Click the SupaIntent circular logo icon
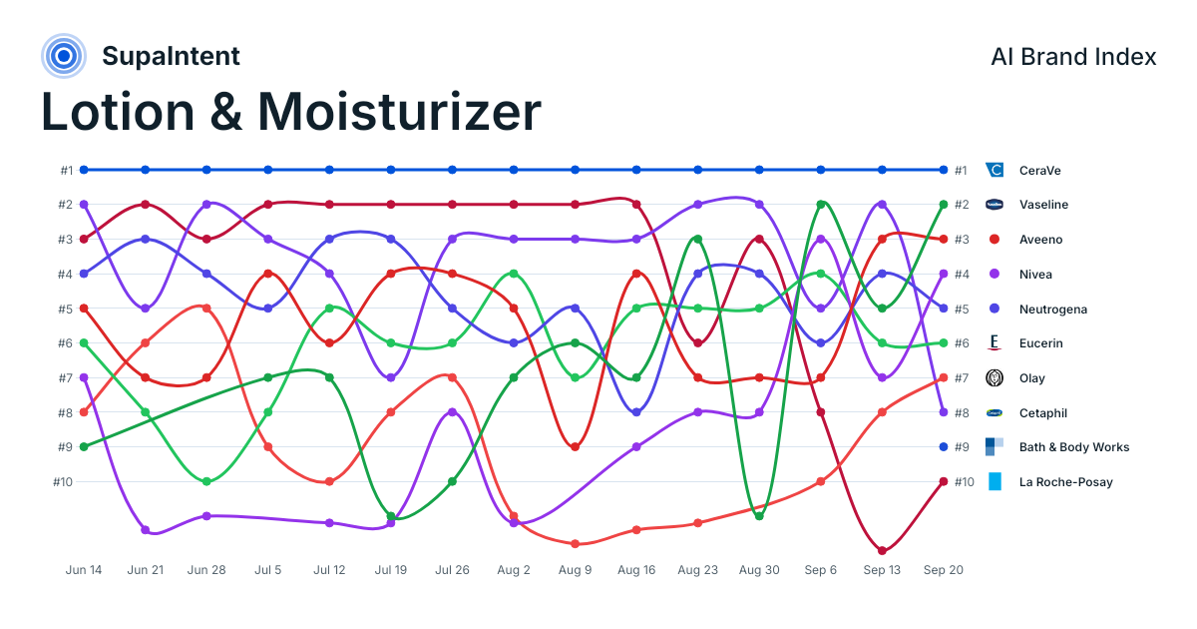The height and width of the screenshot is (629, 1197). coord(64,56)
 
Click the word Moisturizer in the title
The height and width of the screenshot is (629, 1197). coord(399,112)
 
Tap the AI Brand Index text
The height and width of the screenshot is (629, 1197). coord(1073,57)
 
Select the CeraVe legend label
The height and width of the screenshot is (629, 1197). coord(1039,171)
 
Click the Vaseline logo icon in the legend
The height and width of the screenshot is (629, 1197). coord(995,205)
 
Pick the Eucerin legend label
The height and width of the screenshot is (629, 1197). coord(1041,343)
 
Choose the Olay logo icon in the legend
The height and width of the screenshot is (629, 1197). coord(995,378)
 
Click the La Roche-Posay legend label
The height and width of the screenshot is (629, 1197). coord(1066,482)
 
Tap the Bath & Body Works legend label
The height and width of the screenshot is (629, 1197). coord(1074,447)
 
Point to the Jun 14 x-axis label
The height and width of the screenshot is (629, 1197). coord(84,570)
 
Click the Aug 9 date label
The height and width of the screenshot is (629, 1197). coord(575,570)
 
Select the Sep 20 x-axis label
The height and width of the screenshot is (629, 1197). coord(944,570)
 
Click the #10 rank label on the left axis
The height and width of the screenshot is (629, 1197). coord(63,482)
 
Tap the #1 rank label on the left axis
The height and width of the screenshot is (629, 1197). coord(66,171)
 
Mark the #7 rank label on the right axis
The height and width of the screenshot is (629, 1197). coord(962,378)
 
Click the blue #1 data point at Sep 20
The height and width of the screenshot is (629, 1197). coord(944,170)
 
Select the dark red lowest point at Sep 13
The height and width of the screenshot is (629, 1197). coord(882,550)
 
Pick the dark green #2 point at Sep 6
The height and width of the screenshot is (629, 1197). coord(821,205)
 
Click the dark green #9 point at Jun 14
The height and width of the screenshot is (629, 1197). coord(84,446)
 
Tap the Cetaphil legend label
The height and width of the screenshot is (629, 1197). coord(1043,413)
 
